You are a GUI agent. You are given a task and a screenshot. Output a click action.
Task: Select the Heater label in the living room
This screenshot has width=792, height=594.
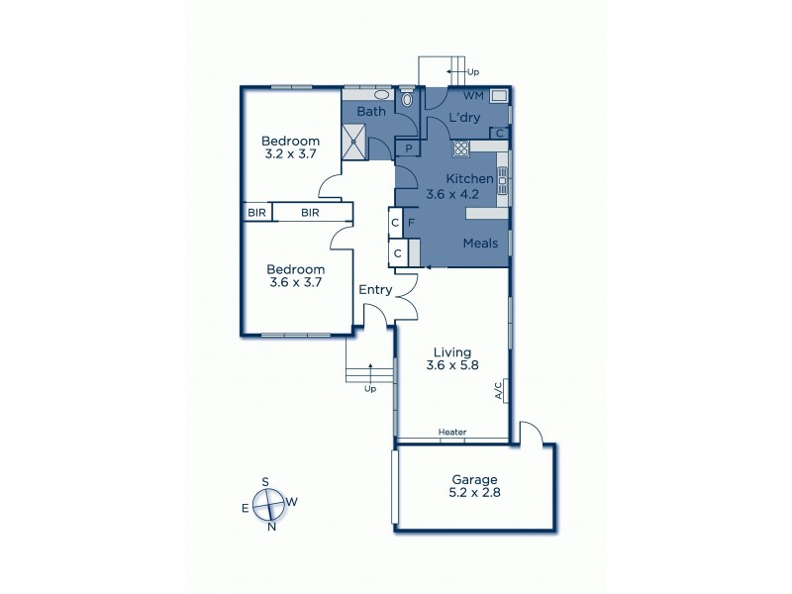pos(453,433)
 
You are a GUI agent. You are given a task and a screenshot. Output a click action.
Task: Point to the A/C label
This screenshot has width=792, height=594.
pos(498,392)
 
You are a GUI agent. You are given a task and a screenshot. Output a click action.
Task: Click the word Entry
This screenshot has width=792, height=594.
pos(376,290)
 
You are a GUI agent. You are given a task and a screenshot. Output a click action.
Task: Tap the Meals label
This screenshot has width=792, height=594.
pos(480,243)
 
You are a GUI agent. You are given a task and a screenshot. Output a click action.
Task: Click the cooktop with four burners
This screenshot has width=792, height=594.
pos(460,148)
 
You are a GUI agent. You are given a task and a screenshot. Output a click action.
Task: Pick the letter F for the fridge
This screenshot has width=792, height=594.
pos(410,223)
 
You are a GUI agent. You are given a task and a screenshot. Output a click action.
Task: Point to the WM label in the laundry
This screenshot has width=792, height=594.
pos(472,96)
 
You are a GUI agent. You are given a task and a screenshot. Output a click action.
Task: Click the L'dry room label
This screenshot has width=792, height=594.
pos(463,118)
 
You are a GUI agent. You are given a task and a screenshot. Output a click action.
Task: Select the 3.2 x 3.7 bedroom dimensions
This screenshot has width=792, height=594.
pos(291,154)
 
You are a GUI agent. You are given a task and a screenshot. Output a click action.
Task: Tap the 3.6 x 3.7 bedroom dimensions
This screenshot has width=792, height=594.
pos(296,282)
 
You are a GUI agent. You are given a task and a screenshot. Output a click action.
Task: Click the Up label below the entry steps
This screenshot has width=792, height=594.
pos(371,389)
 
